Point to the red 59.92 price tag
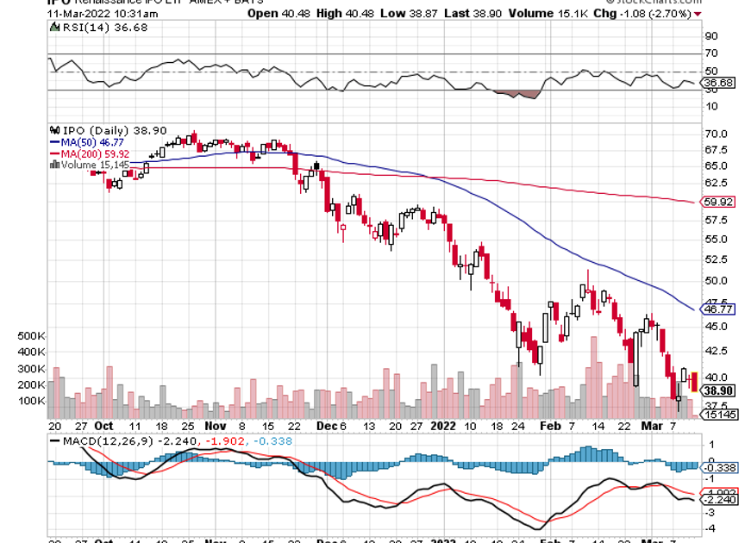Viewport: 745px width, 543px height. pos(719,202)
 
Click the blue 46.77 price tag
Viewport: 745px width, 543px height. pos(719,309)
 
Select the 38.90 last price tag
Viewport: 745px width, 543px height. pos(719,390)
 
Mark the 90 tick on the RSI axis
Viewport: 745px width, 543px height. pos(712,36)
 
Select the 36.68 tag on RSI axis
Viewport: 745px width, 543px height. pos(719,83)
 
